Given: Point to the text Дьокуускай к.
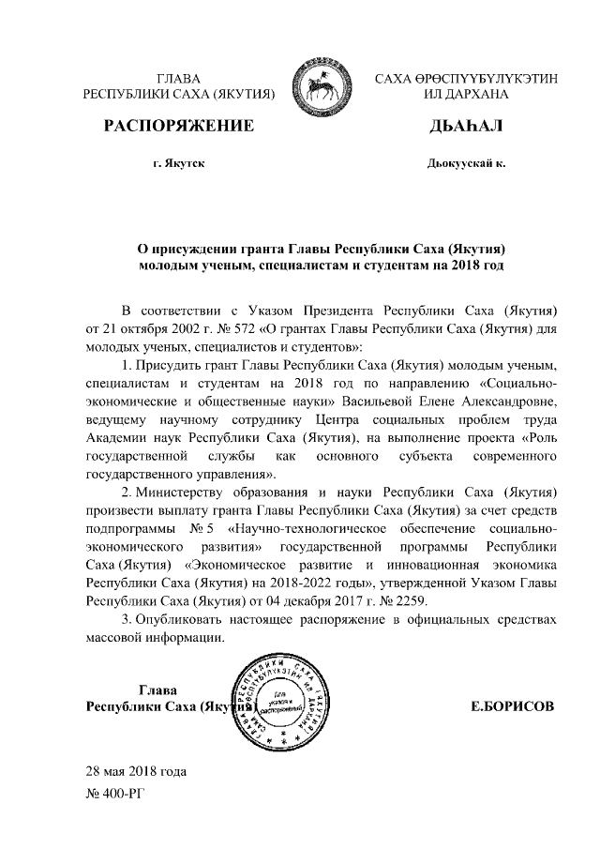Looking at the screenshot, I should point(466,164).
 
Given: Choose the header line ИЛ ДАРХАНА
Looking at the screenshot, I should point(465,95).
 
